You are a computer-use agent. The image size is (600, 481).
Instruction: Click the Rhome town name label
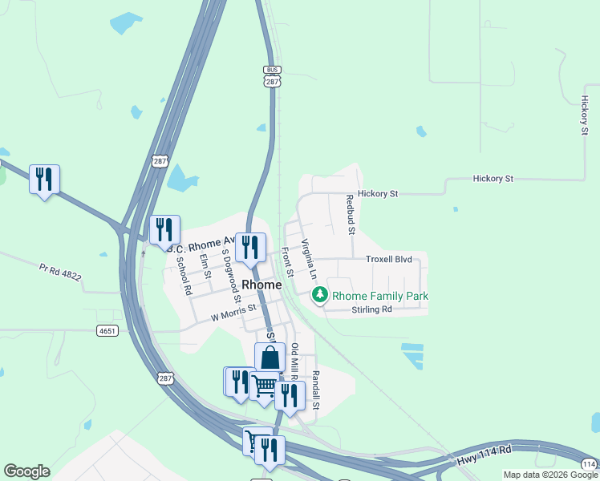click(x=261, y=285)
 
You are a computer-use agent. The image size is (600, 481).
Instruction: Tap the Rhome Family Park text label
click(x=380, y=296)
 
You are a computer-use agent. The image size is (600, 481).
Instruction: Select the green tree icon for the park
click(x=320, y=296)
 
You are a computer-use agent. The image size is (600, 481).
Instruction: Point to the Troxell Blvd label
click(x=388, y=260)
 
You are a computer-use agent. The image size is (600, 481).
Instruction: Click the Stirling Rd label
click(x=371, y=309)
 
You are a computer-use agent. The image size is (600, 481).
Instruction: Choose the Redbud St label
click(x=351, y=214)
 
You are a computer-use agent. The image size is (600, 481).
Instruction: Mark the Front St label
click(x=286, y=261)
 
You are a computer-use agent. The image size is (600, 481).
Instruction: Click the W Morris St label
click(x=233, y=313)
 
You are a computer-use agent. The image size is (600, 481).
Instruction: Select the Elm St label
click(x=206, y=266)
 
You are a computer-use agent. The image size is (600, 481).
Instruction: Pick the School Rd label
click(x=184, y=275)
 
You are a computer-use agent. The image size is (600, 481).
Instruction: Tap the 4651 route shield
click(x=105, y=330)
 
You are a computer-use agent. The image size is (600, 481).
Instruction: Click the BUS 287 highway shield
click(x=272, y=76)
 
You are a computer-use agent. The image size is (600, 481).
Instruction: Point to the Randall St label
click(x=316, y=390)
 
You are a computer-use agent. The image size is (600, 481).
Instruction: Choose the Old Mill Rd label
click(x=294, y=362)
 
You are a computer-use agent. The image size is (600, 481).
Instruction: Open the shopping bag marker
click(x=270, y=358)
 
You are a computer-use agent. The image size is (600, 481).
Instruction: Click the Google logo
click(x=26, y=471)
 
